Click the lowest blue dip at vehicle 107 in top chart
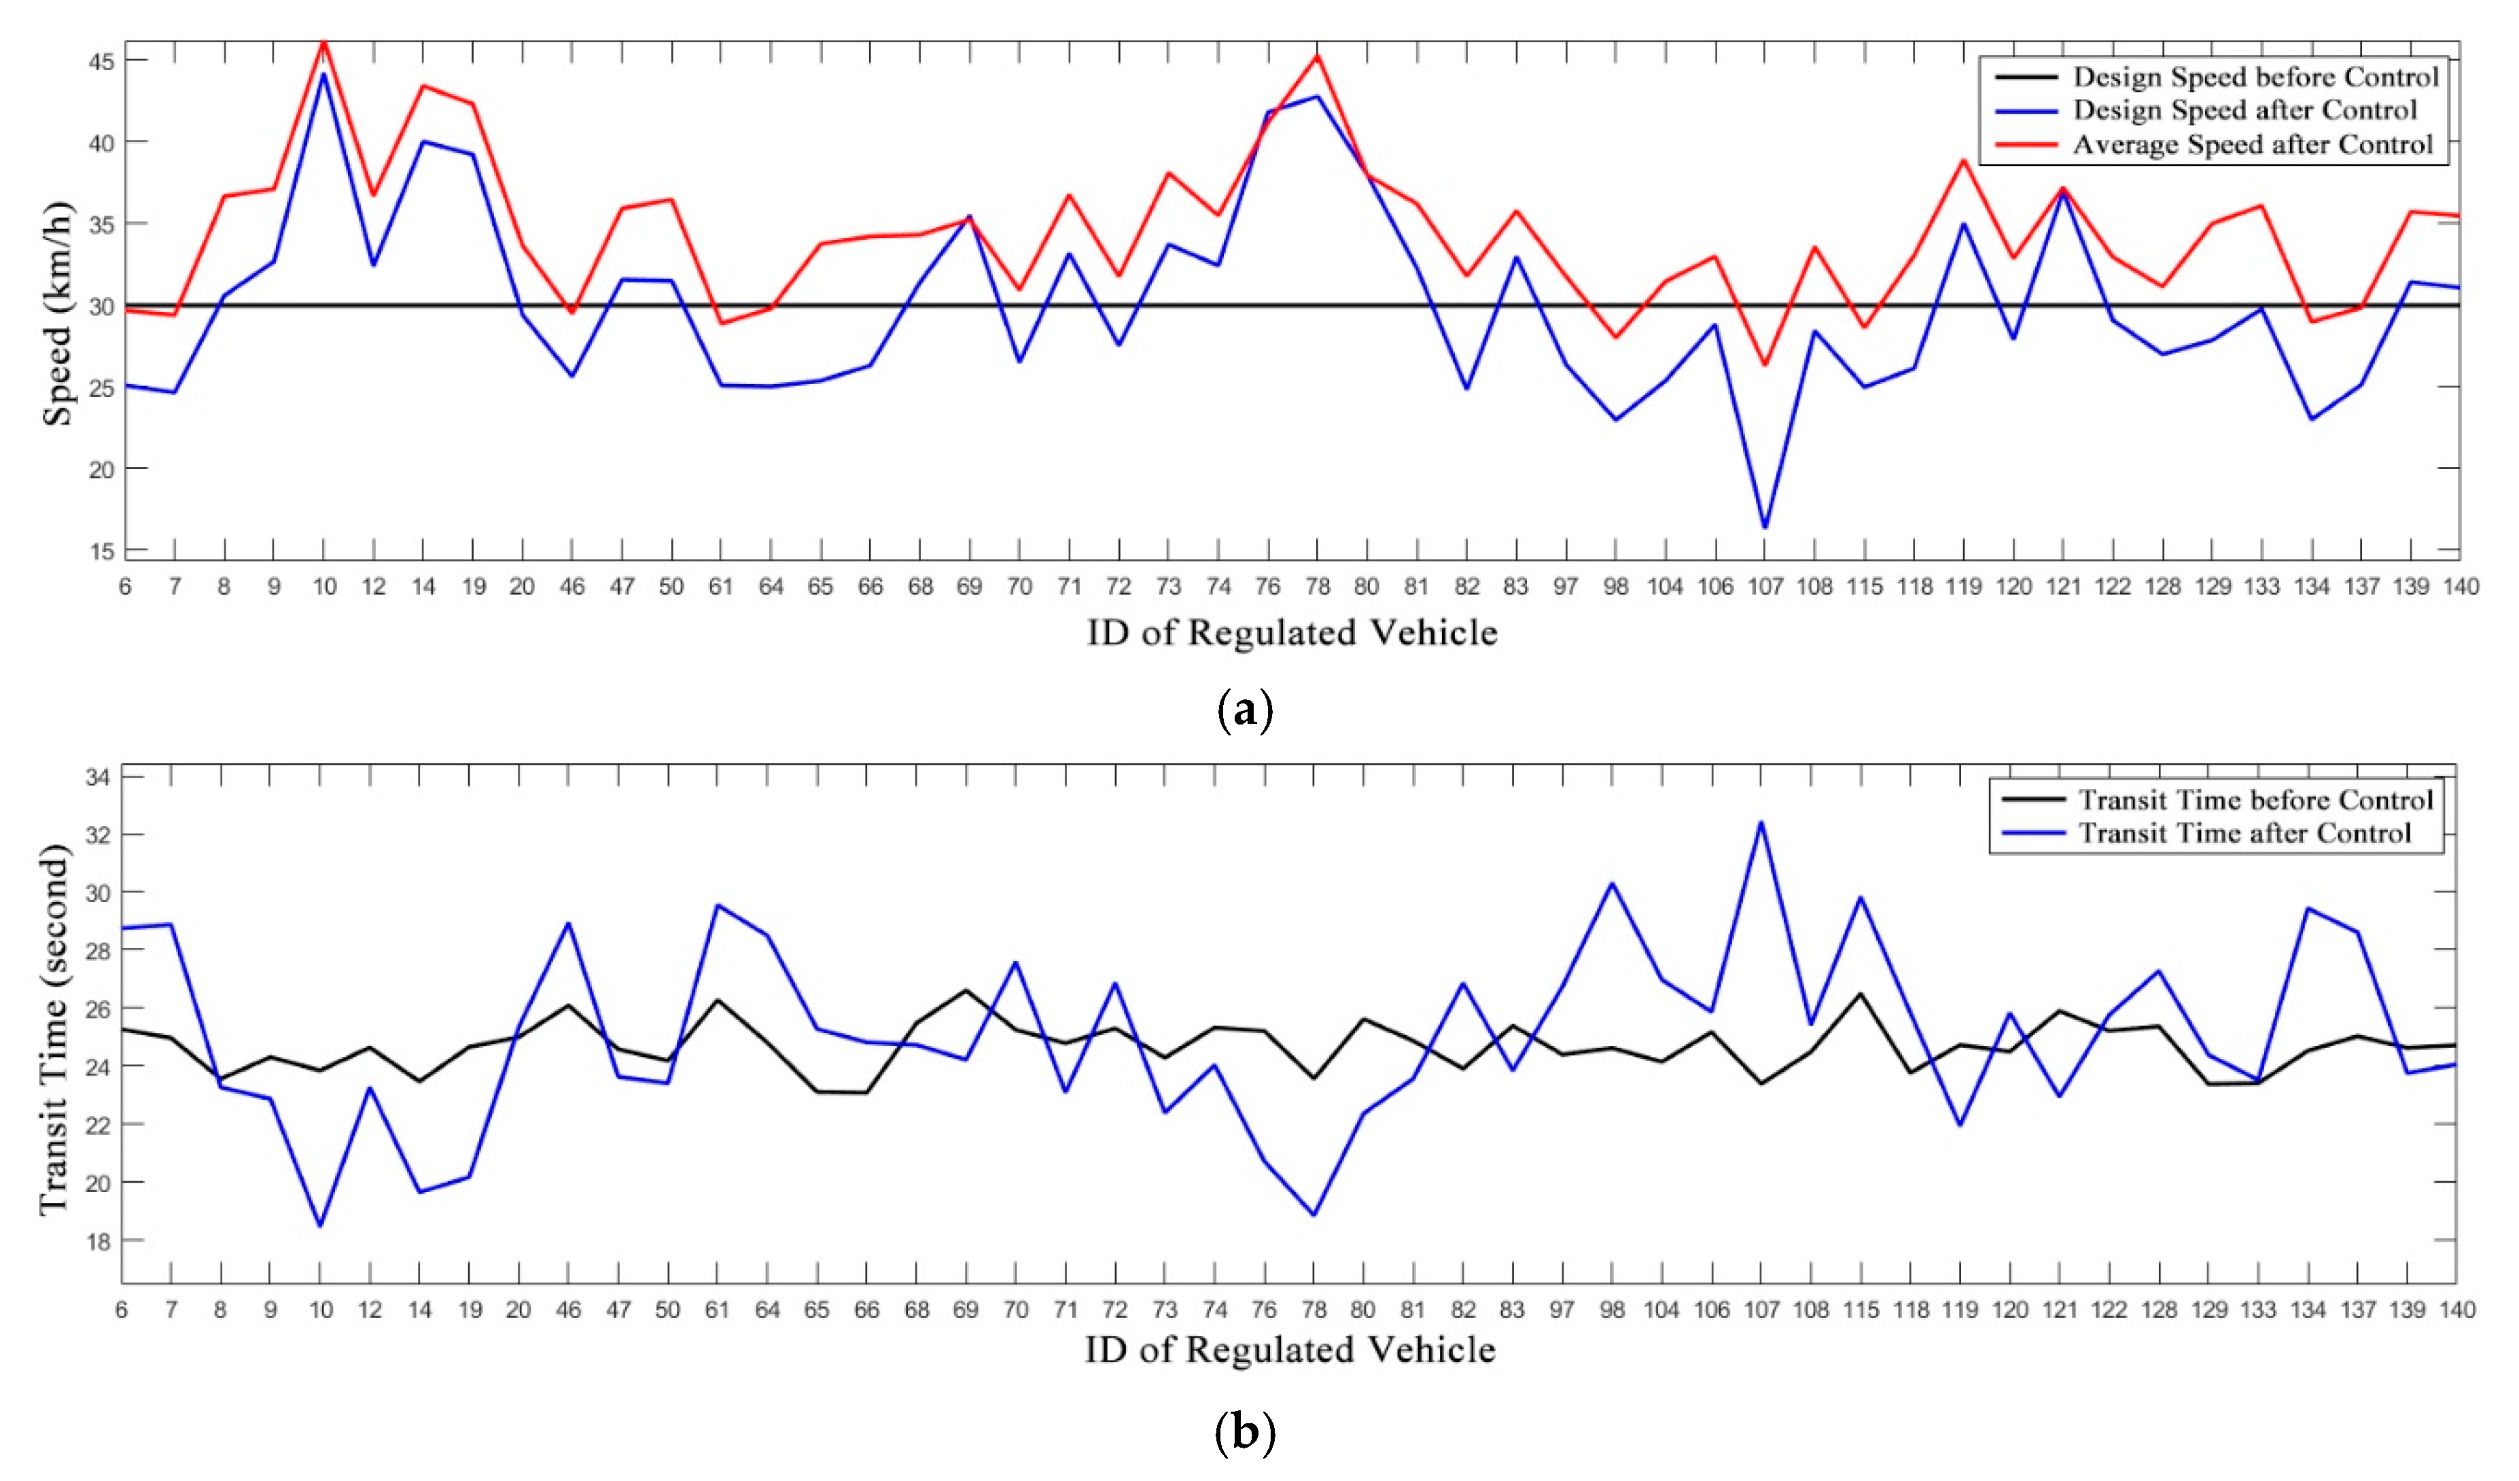pos(1764,527)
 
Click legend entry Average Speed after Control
pos(2251,145)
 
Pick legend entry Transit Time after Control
pos(2244,833)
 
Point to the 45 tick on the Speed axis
pos(101,61)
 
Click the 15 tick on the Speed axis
pos(101,551)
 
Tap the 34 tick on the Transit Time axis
pos(99,777)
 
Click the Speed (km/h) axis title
pos(57,314)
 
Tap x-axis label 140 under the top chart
pos(2460,587)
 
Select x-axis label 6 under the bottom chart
pos(122,1310)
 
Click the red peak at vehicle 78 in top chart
pos(1318,56)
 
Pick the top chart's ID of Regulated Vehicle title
pos(1292,633)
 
